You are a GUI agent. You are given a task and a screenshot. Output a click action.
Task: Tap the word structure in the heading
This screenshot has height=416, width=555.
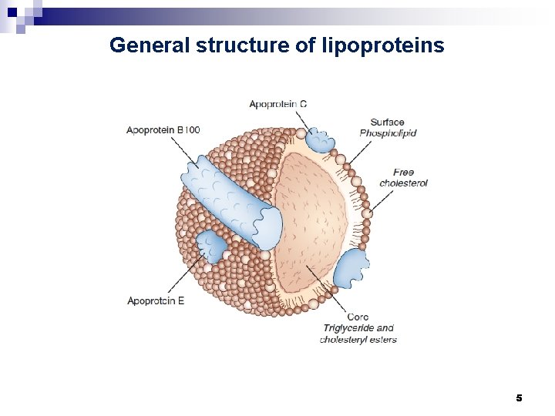pyautogui.click(x=242, y=45)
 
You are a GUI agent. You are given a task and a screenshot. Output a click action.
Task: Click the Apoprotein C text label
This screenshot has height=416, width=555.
pyautogui.click(x=277, y=104)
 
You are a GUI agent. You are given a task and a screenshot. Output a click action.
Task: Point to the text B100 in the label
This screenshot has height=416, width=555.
pyautogui.click(x=188, y=130)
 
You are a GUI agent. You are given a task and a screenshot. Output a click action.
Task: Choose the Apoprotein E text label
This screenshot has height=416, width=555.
pyautogui.click(x=156, y=300)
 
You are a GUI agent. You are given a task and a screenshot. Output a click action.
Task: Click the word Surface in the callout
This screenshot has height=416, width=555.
pyautogui.click(x=387, y=122)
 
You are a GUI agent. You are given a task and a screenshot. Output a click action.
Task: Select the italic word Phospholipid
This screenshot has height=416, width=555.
pyautogui.click(x=388, y=133)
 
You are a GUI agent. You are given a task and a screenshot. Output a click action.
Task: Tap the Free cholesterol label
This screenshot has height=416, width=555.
pyautogui.click(x=403, y=178)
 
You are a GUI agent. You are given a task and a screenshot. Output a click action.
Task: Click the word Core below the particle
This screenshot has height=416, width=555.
pyautogui.click(x=358, y=317)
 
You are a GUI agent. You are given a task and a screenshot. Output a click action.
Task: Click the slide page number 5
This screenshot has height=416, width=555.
pyautogui.click(x=519, y=398)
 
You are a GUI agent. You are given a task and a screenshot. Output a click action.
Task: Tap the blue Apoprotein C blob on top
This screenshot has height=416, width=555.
pyautogui.click(x=318, y=140)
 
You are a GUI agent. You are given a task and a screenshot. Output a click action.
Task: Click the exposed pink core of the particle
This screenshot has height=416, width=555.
pyautogui.click(x=312, y=223)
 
